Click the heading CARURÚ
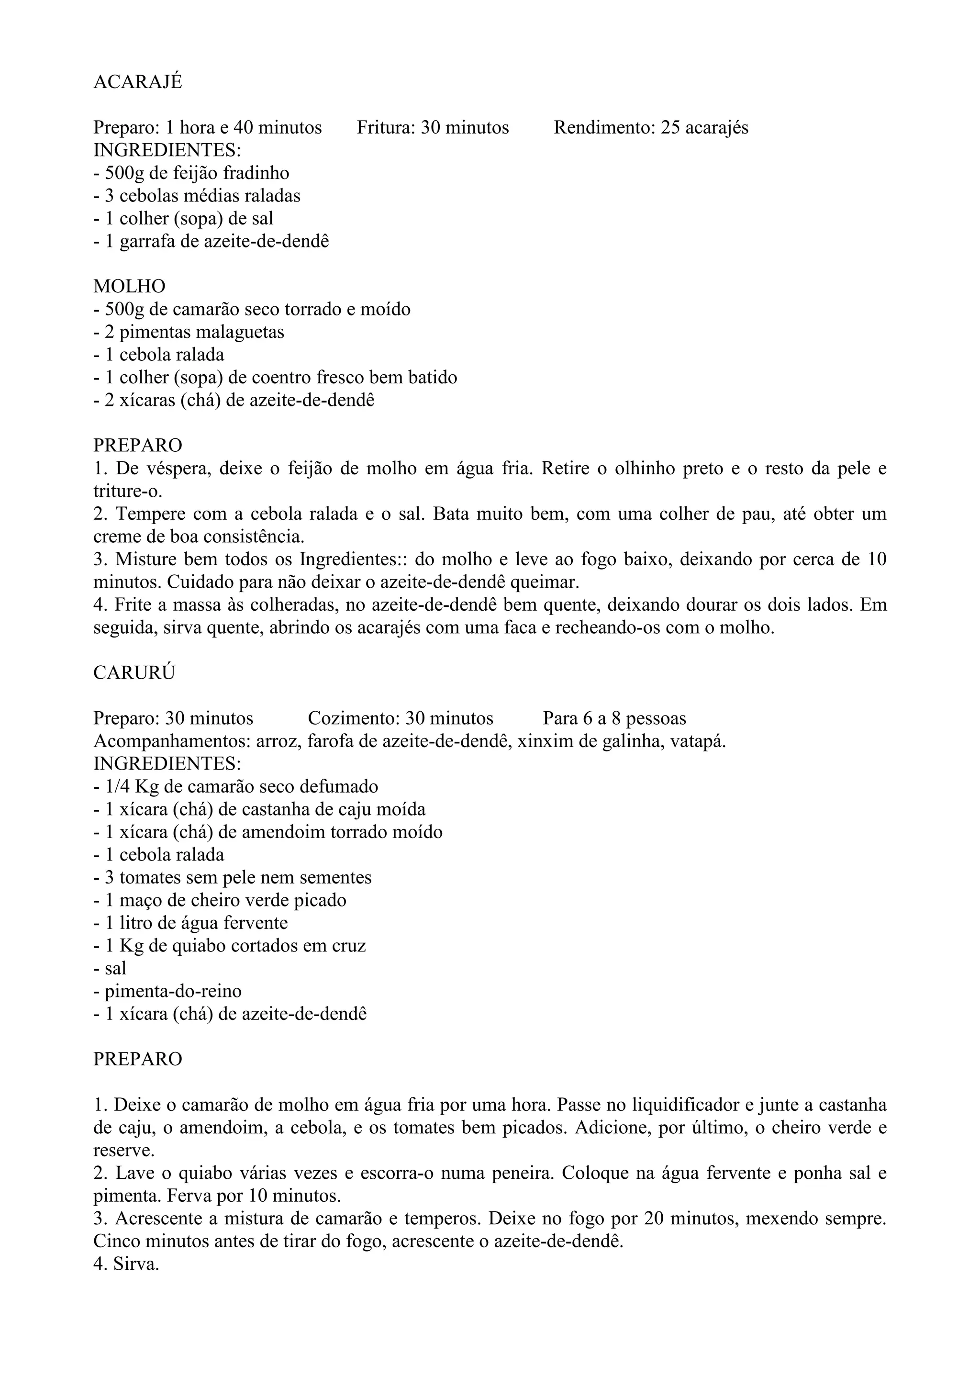point(134,673)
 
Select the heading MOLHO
point(129,286)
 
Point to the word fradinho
point(256,173)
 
